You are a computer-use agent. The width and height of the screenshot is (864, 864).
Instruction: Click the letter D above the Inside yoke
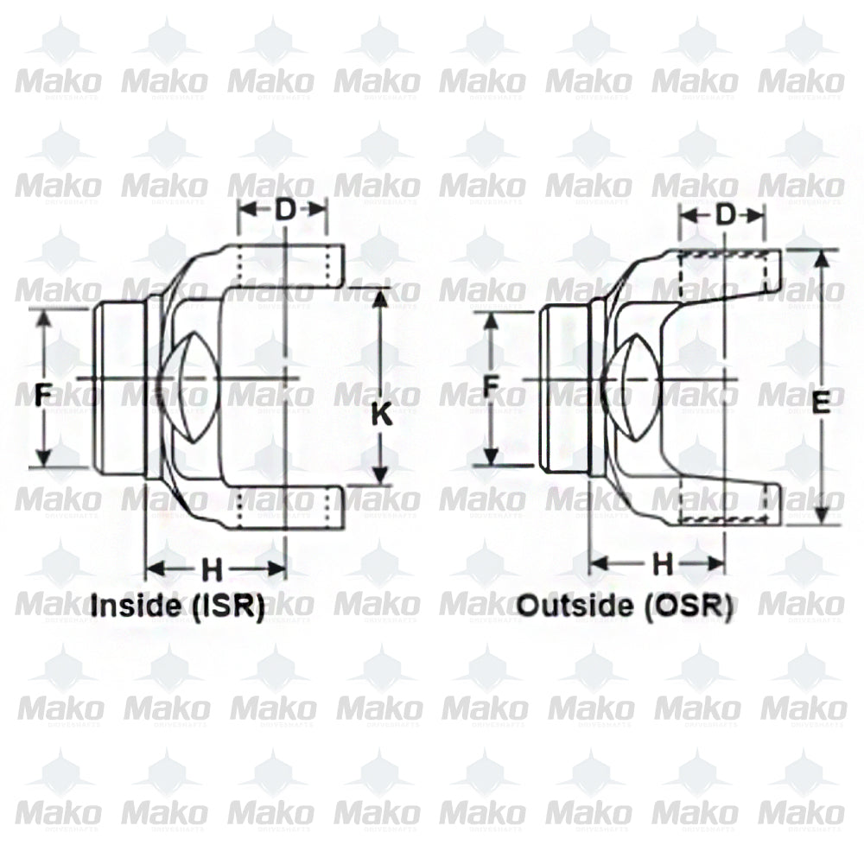(x=283, y=209)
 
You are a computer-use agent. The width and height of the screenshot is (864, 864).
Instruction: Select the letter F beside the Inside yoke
(x=41, y=396)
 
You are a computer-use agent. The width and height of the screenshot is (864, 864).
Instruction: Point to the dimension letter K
(x=381, y=416)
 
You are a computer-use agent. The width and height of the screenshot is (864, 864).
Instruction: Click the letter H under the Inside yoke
(x=212, y=569)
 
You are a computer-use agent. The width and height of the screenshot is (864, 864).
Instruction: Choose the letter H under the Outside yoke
(x=662, y=564)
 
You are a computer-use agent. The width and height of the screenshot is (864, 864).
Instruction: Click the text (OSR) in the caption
(x=688, y=606)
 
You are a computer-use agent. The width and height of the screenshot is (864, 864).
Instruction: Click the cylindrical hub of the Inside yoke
(x=119, y=387)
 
